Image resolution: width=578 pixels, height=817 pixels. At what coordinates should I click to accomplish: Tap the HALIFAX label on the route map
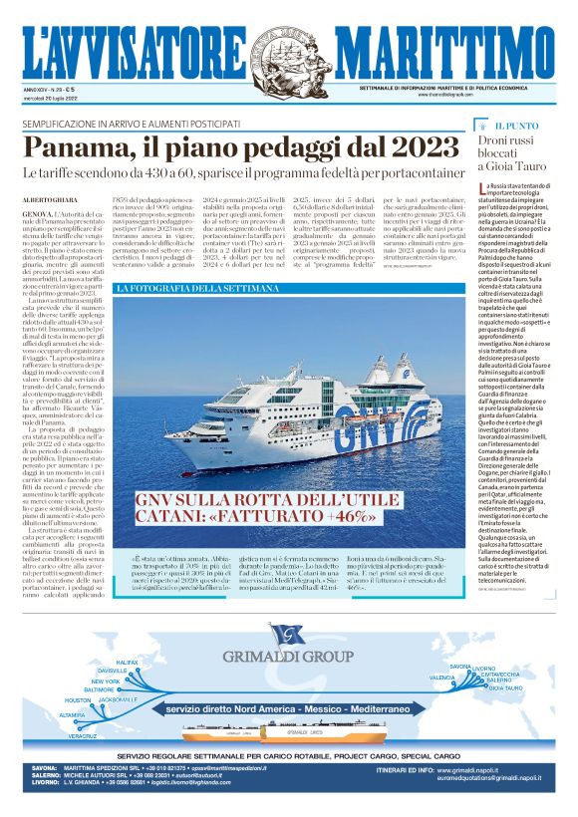127,663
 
